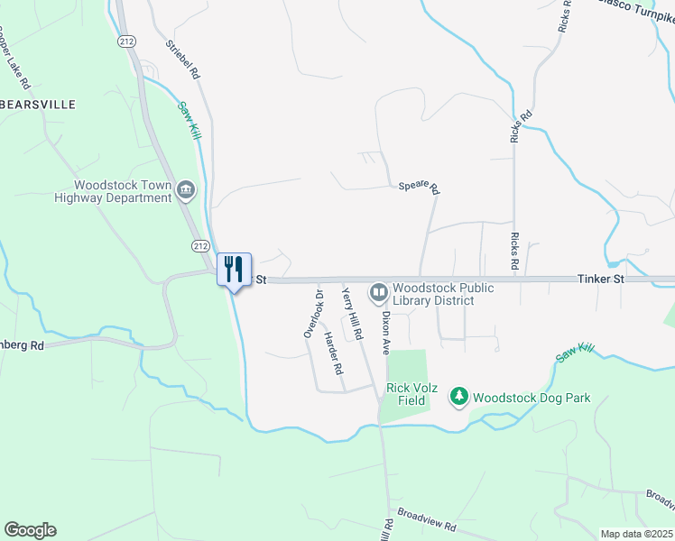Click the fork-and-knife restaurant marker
click(234, 269)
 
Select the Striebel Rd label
click(181, 58)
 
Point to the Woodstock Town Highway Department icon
click(187, 189)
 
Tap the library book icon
click(378, 292)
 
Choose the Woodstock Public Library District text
click(443, 294)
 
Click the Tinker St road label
click(600, 280)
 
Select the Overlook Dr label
click(312, 314)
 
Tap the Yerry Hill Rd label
click(352, 313)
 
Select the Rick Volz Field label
click(411, 394)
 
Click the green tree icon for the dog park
click(459, 396)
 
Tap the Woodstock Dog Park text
click(532, 398)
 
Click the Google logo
click(30, 530)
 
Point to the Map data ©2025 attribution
click(635, 534)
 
